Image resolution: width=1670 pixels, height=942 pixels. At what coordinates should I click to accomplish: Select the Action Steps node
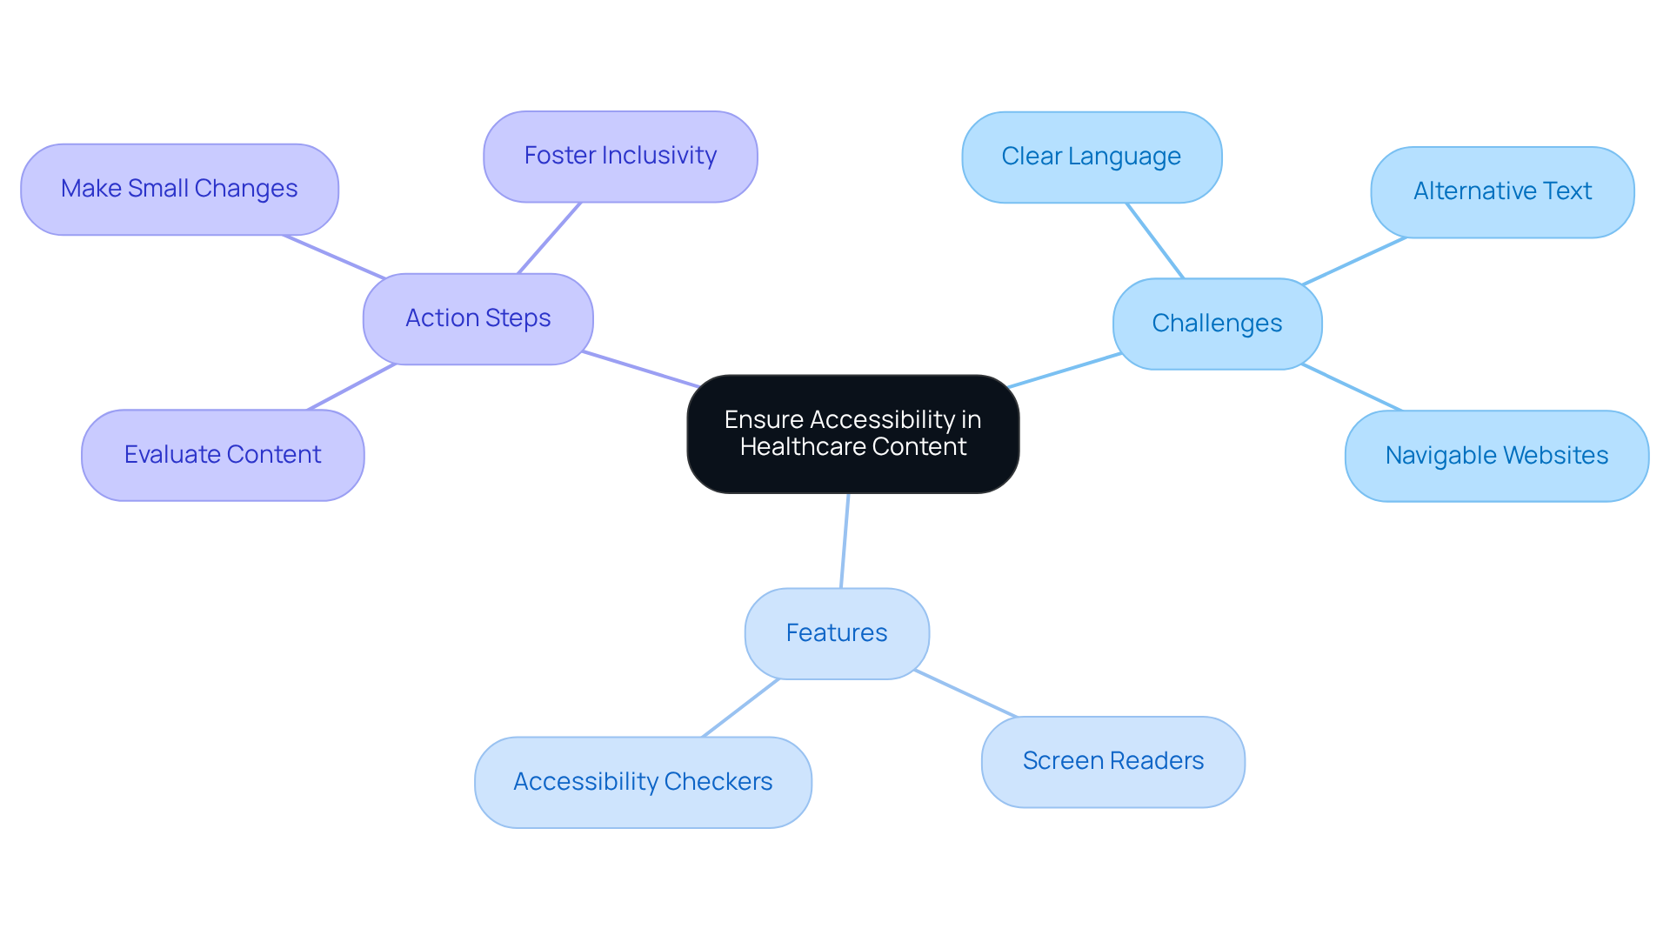point(478,318)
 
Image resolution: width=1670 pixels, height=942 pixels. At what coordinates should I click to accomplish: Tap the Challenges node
point(1217,324)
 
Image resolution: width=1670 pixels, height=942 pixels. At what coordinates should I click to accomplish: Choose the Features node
point(836,633)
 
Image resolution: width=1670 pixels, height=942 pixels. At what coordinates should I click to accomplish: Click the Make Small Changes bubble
point(179,189)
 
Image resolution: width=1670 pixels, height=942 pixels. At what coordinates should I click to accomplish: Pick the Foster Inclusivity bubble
point(620,156)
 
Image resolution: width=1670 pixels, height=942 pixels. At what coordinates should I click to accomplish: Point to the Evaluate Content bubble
point(223,455)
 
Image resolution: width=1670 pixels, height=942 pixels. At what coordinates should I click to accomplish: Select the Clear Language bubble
point(1091,157)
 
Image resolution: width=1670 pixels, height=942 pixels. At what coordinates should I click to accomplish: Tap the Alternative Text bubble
point(1502,191)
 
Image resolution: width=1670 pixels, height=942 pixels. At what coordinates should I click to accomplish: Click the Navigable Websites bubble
point(1496,456)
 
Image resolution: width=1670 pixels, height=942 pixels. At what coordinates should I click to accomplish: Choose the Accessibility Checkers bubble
point(643,782)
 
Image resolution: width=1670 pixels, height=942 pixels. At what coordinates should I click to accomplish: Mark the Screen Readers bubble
point(1112,761)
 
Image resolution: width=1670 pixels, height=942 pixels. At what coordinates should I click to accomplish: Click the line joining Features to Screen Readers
point(965,694)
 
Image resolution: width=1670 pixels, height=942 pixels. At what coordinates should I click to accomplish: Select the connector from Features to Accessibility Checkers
point(740,707)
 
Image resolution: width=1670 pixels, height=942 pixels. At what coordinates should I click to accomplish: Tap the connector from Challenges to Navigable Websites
point(1353,388)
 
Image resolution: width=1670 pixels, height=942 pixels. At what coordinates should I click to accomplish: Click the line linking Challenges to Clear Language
point(1155,241)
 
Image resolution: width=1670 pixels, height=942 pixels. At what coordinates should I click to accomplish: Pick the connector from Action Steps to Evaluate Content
point(351,387)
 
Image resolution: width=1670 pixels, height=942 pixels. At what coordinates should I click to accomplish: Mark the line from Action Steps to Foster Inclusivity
point(549,238)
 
